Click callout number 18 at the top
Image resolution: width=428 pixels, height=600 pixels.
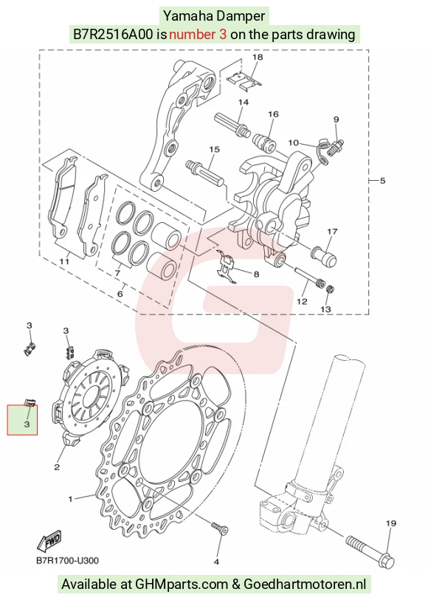click(258, 57)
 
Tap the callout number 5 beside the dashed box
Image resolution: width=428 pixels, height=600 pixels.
click(383, 181)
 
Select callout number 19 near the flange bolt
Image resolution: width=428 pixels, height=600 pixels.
click(391, 523)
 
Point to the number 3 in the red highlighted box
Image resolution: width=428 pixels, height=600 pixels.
click(27, 424)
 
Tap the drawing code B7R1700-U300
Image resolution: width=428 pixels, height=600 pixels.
click(67, 561)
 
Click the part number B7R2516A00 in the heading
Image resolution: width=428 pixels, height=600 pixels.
click(113, 35)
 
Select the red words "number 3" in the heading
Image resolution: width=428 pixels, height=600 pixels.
click(198, 35)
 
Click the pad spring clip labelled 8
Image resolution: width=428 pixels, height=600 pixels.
click(227, 266)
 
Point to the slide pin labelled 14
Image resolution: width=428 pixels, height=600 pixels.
click(232, 123)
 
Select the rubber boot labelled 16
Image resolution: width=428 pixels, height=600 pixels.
click(264, 141)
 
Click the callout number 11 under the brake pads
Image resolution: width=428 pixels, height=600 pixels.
click(64, 261)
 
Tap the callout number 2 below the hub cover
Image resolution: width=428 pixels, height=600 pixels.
click(57, 467)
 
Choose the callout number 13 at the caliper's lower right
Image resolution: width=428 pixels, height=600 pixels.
click(325, 308)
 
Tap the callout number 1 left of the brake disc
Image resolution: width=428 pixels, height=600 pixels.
click(70, 499)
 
